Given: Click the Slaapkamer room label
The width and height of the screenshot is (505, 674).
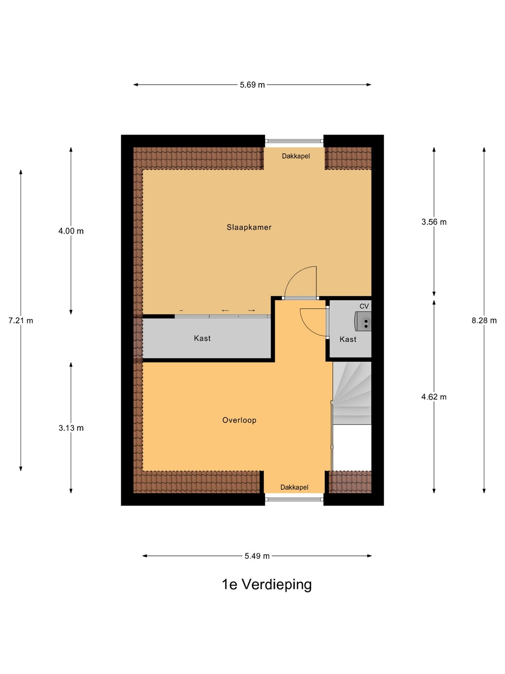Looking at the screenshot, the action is (x=249, y=227).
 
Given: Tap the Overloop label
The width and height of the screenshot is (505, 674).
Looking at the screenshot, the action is (x=239, y=420).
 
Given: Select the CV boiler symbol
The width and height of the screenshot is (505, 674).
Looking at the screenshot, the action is (x=363, y=321).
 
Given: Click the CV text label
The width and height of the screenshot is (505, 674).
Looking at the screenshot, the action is (x=364, y=306).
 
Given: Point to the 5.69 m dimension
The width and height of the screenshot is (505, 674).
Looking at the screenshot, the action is (x=252, y=85).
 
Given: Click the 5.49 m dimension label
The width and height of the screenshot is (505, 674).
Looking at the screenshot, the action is (x=257, y=556).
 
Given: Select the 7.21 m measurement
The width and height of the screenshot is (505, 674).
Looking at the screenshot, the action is (x=21, y=321).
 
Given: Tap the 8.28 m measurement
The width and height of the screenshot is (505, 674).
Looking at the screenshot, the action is (x=484, y=321).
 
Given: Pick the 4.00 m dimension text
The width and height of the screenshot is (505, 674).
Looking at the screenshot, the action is (x=71, y=231).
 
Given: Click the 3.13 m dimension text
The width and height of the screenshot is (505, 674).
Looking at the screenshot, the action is (x=71, y=428).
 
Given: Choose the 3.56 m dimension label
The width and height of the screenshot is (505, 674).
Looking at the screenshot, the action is (x=434, y=222).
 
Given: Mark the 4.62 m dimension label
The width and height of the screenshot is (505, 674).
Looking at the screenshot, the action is (x=434, y=397).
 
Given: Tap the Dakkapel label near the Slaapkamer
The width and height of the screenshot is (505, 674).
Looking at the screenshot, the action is (x=296, y=156).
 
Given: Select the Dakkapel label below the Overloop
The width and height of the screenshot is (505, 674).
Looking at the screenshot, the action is (x=295, y=487).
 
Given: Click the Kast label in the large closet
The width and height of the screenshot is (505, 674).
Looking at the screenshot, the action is (x=202, y=338).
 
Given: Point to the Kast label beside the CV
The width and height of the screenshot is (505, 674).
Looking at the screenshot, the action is (x=348, y=339).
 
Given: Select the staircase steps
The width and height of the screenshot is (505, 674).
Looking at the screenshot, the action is (x=352, y=393).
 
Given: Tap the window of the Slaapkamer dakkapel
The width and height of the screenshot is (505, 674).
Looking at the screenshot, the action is (x=294, y=141).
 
